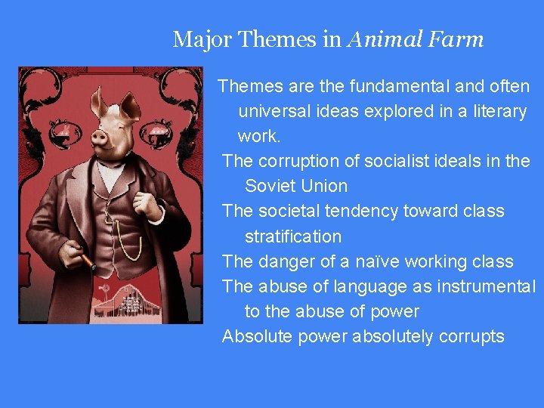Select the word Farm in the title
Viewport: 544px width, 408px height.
456,39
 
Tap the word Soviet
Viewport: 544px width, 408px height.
269,186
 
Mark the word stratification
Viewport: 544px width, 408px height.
293,236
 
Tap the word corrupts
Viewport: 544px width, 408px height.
471,336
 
